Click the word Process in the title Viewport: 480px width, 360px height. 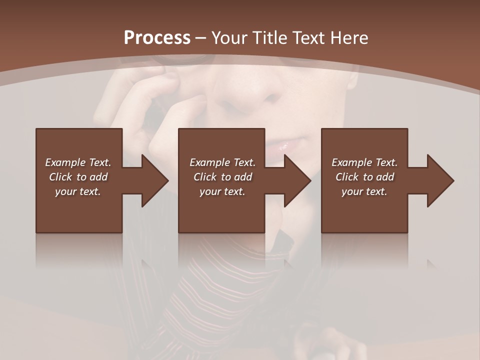[x=157, y=38]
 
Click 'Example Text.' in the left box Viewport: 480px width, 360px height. [x=78, y=162]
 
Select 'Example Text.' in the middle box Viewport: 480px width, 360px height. [x=222, y=162]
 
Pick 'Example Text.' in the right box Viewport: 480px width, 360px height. [x=364, y=162]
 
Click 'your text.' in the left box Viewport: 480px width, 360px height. [x=78, y=191]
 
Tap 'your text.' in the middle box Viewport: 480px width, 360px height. [x=222, y=191]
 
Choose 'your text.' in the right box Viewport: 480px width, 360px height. [x=364, y=191]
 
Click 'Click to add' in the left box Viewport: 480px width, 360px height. [x=78, y=177]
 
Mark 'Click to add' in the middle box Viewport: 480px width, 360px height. [x=222, y=177]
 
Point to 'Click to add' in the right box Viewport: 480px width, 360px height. [x=364, y=177]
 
